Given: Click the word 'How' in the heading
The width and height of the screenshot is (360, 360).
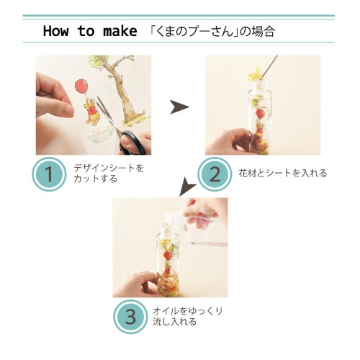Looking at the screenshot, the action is point(55,31).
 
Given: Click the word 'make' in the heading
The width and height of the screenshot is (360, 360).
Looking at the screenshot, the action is point(120,31).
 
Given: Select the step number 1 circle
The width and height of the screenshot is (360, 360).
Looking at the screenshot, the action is point(49,174).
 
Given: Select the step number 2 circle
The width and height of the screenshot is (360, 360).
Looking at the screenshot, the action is point(215,174).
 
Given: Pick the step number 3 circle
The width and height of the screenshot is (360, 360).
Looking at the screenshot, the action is point(130,317).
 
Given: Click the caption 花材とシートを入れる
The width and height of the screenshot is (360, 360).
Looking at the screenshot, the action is point(283,173).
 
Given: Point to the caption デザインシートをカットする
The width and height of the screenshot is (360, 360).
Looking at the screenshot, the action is point(109,174).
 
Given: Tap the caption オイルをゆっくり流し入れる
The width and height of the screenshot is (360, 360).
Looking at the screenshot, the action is point(188,316).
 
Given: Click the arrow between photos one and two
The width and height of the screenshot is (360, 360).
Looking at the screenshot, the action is point(179,107).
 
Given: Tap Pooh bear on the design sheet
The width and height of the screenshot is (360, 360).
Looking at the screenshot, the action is point(91,113).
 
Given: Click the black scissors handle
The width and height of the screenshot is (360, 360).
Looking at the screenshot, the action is point(131,142).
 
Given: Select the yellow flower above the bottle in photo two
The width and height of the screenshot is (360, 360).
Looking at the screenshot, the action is point(255,74).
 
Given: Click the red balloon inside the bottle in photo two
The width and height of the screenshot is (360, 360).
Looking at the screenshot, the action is point(260,112).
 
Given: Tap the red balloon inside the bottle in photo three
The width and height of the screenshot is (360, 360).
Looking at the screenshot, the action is point(168,255).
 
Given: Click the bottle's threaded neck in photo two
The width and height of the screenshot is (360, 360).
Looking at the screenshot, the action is point(260,84).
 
